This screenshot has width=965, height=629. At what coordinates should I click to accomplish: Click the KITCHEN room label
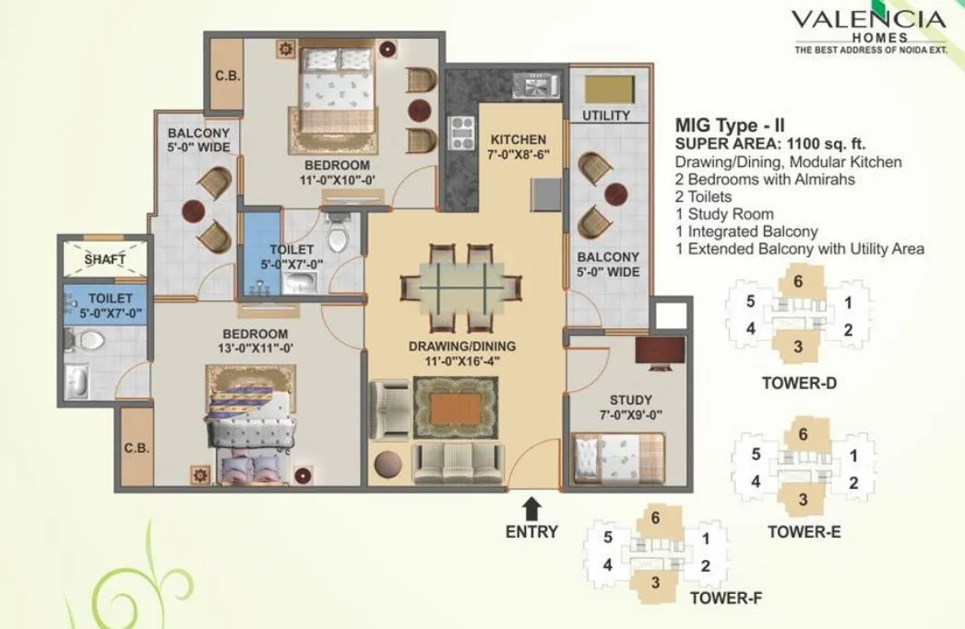519,139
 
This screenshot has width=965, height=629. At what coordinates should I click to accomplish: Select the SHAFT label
104,259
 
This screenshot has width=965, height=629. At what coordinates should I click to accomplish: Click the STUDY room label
630,399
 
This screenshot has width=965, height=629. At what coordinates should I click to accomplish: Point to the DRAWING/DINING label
462,346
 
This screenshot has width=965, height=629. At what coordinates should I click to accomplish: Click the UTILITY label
606,115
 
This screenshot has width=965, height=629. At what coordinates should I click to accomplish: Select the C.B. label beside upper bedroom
227,77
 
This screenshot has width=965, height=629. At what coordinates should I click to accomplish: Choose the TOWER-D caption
800,383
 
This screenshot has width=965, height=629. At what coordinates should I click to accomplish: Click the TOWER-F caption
725,598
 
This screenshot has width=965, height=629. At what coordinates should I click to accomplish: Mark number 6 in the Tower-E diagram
803,433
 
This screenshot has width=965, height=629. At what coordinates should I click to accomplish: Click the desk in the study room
661,351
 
